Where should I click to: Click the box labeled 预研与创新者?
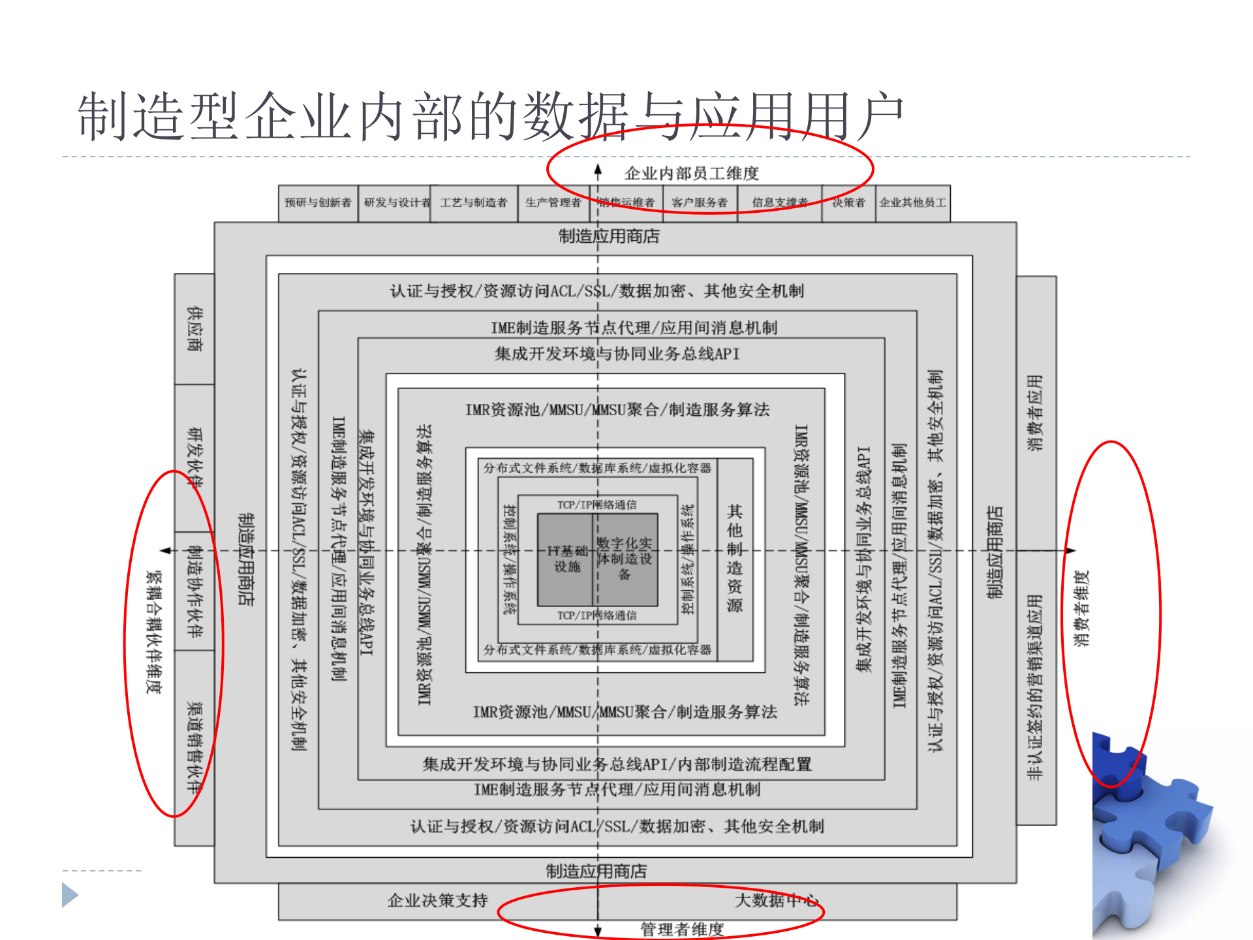pos(318,202)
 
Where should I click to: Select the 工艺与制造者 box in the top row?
pos(474,202)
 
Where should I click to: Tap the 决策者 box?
pos(848,202)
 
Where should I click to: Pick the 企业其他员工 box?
pos(912,202)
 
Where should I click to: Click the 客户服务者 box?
pos(700,202)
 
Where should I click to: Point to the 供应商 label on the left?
pos(194,329)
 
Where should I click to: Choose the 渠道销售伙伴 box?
pos(194,747)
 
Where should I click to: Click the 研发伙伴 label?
pos(194,458)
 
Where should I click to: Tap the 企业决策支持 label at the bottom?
pos(438,901)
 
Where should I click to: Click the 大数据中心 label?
pos(777,901)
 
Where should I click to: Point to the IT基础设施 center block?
pos(566,559)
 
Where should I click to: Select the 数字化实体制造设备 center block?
pos(625,559)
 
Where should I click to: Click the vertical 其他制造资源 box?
pos(735,559)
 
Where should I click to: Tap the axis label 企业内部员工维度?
pos(692,174)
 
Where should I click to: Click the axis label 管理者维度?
pos(682,929)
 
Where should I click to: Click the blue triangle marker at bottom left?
pos(70,895)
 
